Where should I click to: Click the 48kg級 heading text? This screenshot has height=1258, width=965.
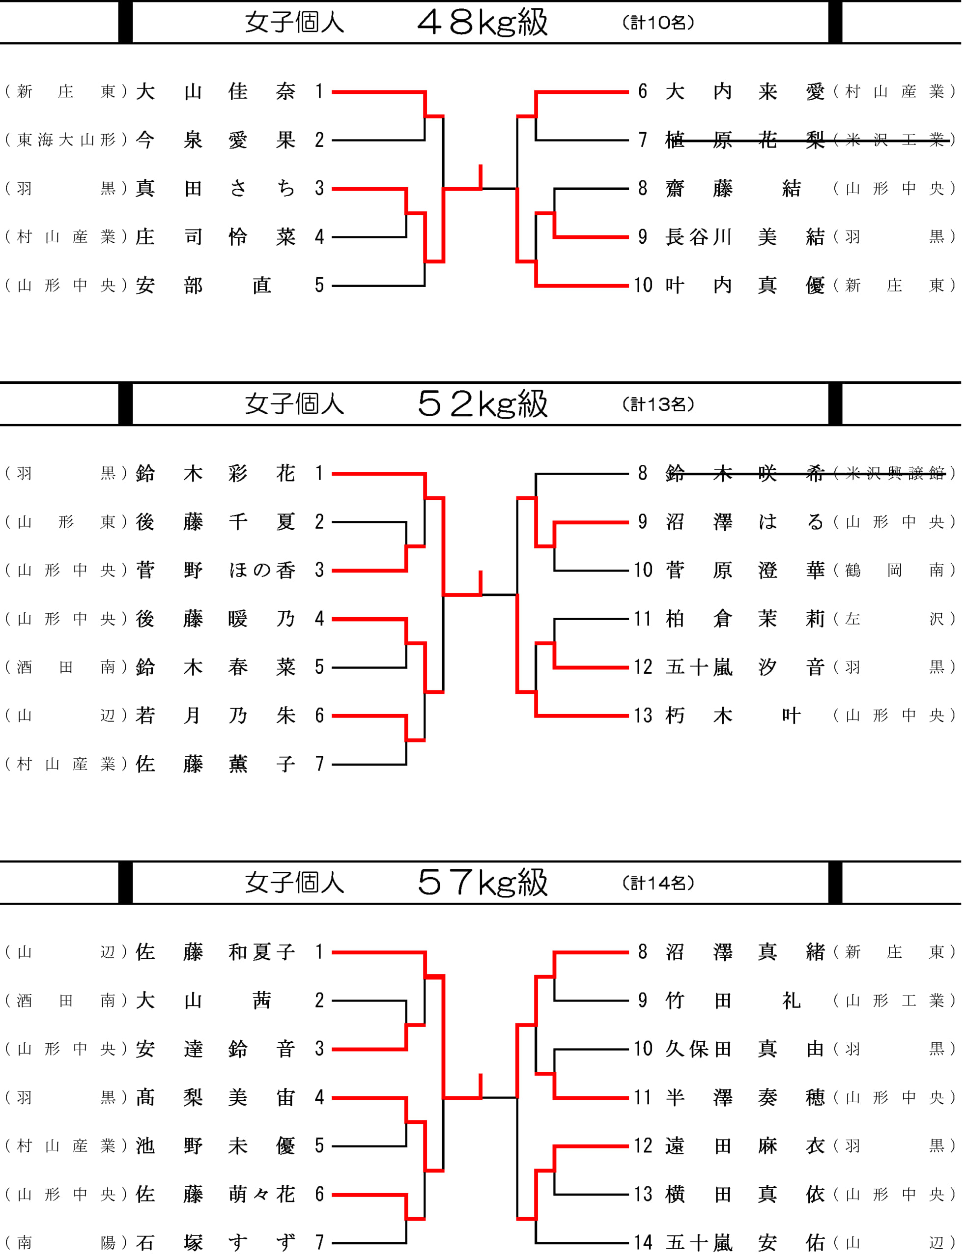click(482, 23)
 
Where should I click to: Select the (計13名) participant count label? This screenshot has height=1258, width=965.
click(658, 404)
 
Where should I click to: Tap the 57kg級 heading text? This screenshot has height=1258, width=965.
click(482, 883)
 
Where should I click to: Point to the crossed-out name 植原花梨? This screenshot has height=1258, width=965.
click(745, 140)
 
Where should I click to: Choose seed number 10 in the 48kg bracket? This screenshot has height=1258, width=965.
click(643, 285)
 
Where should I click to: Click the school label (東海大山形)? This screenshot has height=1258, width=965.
click(66, 140)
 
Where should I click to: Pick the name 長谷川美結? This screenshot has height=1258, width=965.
click(745, 237)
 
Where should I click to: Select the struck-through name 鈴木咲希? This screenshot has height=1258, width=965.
click(745, 473)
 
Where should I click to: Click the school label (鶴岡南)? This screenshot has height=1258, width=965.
click(894, 570)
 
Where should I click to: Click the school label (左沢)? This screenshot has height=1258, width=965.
click(894, 619)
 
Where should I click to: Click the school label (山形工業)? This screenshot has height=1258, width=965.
click(894, 1001)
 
